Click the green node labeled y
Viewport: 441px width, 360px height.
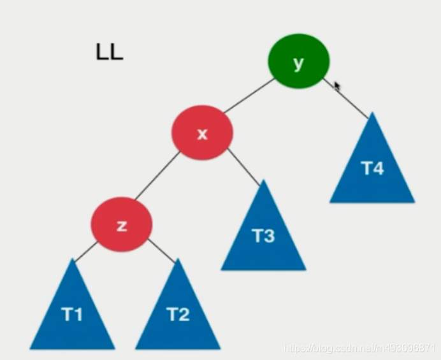298,62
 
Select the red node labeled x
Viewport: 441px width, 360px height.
202,133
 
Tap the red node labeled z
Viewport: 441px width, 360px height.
122,224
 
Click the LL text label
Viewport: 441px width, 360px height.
109,53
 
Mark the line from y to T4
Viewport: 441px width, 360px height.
348,99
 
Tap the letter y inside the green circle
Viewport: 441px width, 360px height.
298,62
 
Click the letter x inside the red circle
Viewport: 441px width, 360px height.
202,134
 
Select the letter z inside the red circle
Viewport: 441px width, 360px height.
122,225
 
